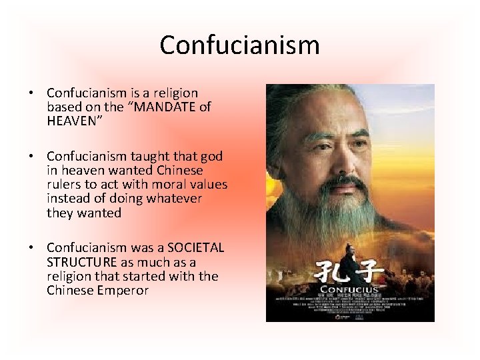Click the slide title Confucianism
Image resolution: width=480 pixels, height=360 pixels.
coord(240,45)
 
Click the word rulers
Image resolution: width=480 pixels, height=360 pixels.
coord(64,185)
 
